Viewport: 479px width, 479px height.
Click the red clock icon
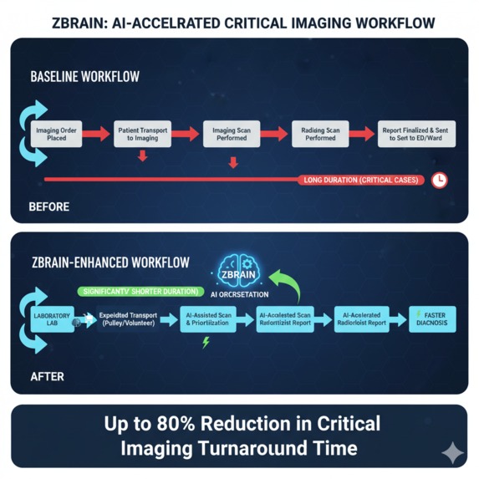click(440, 180)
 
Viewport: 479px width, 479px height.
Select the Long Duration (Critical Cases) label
click(362, 180)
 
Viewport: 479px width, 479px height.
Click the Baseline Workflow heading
click(84, 77)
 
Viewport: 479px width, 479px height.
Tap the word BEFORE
click(48, 206)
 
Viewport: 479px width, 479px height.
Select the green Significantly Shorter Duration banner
click(138, 292)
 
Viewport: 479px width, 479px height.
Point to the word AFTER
click(46, 377)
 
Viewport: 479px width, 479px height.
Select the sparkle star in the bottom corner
click(452, 452)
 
